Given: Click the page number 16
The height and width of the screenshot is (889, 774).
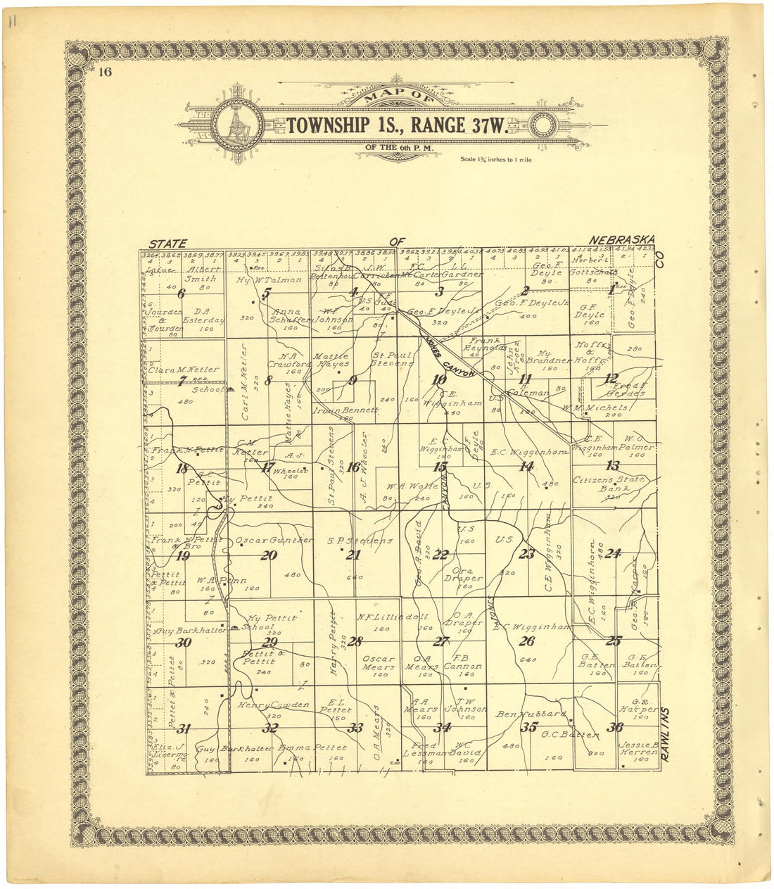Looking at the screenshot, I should click(106, 71).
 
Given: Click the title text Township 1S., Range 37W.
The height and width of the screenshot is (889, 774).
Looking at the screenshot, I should click(397, 125).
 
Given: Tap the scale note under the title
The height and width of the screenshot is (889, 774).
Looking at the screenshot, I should click(496, 160).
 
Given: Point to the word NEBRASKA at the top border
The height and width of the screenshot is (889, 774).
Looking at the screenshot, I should click(622, 239).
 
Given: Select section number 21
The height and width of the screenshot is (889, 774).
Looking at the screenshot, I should click(353, 555).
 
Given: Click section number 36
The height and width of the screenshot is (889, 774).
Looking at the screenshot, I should click(614, 728).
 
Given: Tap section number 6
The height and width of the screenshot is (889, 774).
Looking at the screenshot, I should click(181, 294).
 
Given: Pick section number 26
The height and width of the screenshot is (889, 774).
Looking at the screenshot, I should click(526, 641).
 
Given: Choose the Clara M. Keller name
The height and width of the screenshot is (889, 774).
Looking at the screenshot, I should click(184, 369).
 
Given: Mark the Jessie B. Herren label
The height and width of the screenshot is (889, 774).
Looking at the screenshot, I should click(637, 748).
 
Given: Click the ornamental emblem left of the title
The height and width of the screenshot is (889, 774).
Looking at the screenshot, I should click(236, 126).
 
